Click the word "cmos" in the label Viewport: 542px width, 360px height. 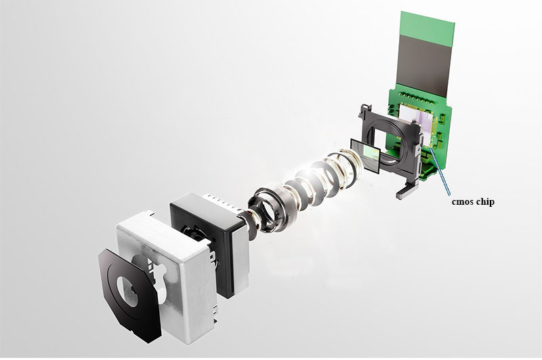(x=462, y=201)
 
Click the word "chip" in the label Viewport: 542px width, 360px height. (x=484, y=201)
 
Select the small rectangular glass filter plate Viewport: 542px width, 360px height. (x=365, y=155)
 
